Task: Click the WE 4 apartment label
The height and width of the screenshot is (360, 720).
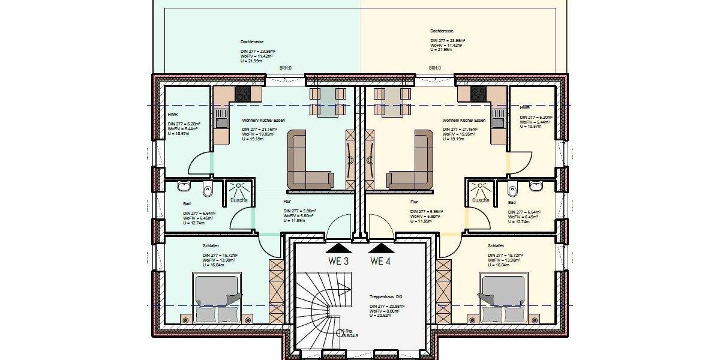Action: [x=381, y=261]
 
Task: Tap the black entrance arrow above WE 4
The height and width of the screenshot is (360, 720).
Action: [x=381, y=247]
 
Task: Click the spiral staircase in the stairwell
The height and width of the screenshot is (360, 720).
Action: [x=324, y=306]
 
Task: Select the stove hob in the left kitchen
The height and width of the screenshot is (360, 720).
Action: [x=242, y=93]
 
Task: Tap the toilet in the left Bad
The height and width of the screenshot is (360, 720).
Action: [x=208, y=190]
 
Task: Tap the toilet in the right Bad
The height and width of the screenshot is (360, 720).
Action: [x=512, y=190]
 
